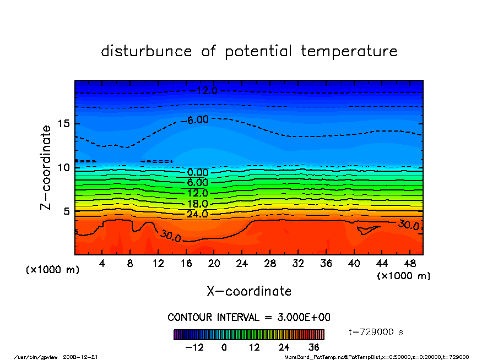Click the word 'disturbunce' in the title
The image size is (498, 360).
[x=147, y=52]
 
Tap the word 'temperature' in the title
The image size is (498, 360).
[x=349, y=52]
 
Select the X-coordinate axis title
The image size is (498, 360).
[x=249, y=291]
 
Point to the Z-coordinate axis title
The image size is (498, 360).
[x=46, y=167]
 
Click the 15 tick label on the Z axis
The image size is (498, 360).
[x=63, y=124]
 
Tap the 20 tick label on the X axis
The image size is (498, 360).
[x=214, y=264]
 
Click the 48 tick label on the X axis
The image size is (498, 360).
[x=410, y=264]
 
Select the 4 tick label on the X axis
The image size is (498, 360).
[x=102, y=264]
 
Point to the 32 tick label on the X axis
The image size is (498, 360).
[x=298, y=264]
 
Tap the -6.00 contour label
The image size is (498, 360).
[x=197, y=119]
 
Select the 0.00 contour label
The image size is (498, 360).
[x=198, y=172]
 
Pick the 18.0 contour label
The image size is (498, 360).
[x=197, y=204]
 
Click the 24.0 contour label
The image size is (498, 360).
[x=197, y=214]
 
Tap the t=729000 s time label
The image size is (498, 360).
[x=376, y=332]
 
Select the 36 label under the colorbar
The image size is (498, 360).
[x=313, y=347]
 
